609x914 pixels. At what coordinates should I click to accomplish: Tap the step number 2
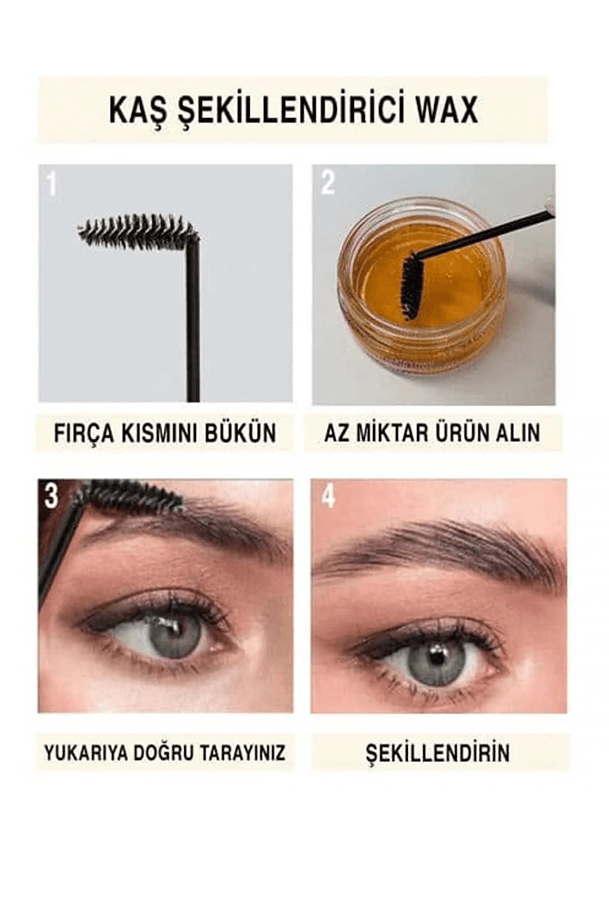(329, 183)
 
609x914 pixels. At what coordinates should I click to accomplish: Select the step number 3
(51, 497)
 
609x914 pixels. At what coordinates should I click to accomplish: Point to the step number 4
(329, 497)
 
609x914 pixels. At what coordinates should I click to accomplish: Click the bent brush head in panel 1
(138, 230)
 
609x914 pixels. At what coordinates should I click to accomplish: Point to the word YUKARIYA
(85, 753)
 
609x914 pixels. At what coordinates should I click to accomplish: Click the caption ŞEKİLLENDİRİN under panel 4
(437, 753)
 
